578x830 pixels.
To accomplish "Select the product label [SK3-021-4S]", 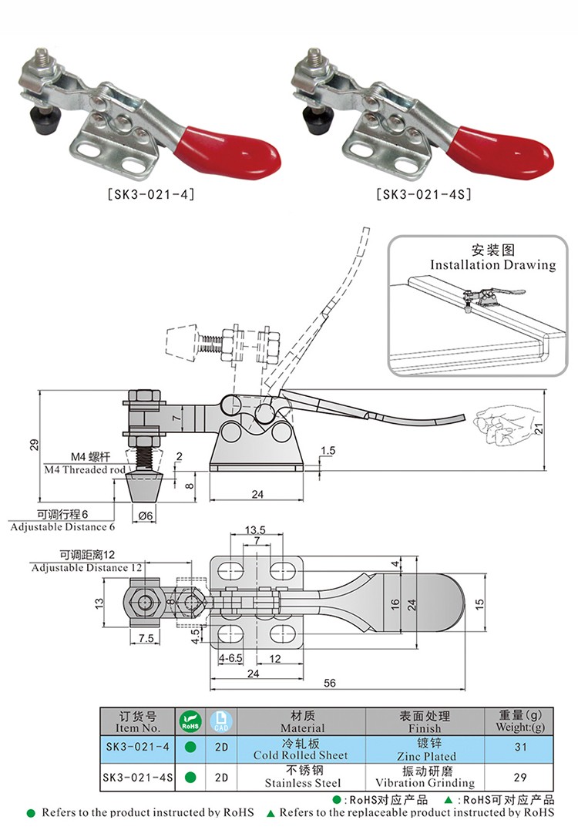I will tap(424, 195).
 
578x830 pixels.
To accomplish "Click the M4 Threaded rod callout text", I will tap(84, 469).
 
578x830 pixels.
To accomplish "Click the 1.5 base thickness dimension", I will tap(328, 450).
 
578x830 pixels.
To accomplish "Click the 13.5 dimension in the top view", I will tap(255, 531).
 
